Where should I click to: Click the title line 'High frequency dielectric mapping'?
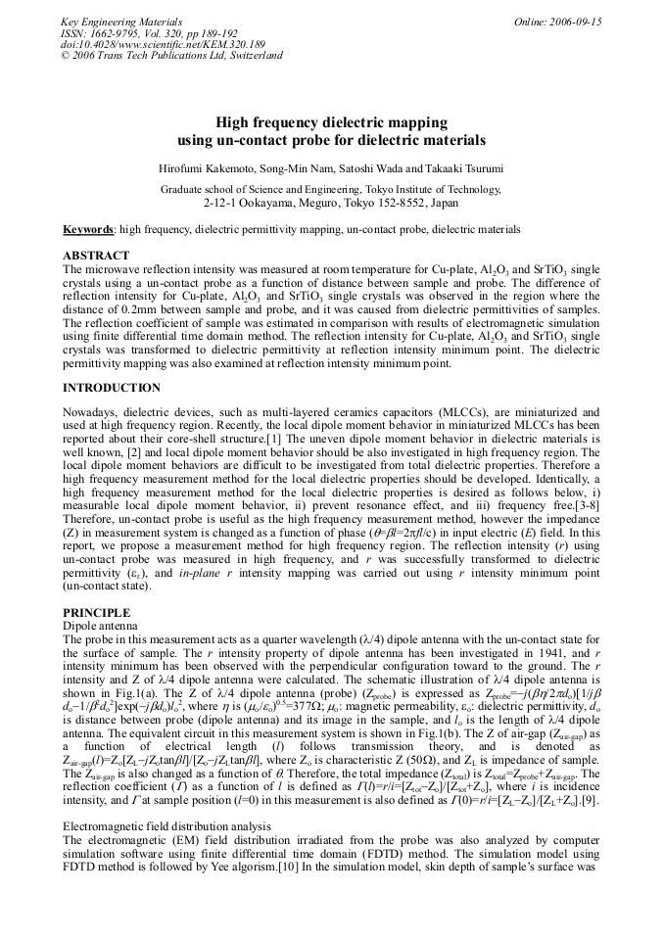point(332,122)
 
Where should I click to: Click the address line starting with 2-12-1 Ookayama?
point(332,203)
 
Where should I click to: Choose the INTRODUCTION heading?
point(112,388)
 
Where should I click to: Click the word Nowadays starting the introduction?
point(90,413)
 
